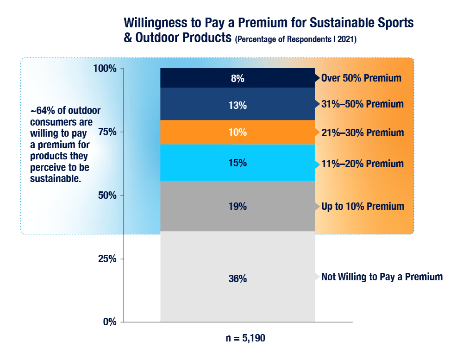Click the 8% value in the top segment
[x=238, y=79]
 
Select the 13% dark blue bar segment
[x=238, y=105]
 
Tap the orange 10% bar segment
[x=238, y=133]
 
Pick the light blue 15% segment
[x=238, y=163]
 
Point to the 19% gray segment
[x=238, y=207]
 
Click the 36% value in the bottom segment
[x=238, y=279]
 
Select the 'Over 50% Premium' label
[x=361, y=78]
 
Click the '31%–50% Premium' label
[x=362, y=104]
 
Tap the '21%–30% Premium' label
[x=362, y=133]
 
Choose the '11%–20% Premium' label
[x=362, y=164]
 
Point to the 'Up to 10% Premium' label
[x=363, y=207]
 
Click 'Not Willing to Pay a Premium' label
[x=382, y=277]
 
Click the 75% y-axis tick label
[x=107, y=132]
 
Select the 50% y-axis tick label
[x=107, y=195]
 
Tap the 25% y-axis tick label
[x=107, y=259]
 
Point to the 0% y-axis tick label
[x=109, y=322]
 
